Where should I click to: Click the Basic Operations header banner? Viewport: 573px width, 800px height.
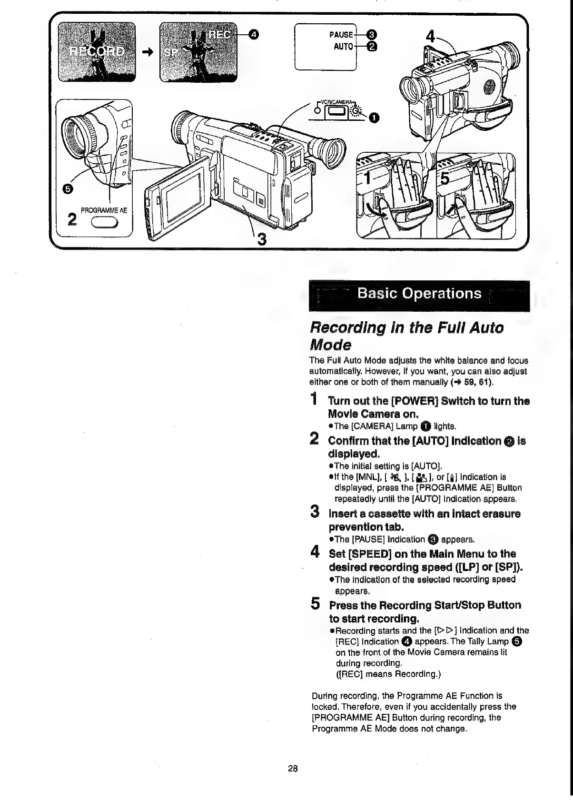419,293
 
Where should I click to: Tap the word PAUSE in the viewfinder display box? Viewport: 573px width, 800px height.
341,34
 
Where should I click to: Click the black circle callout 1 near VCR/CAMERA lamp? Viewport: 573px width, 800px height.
375,117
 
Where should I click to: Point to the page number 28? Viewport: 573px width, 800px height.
292,768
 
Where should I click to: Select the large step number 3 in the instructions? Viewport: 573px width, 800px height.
315,513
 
